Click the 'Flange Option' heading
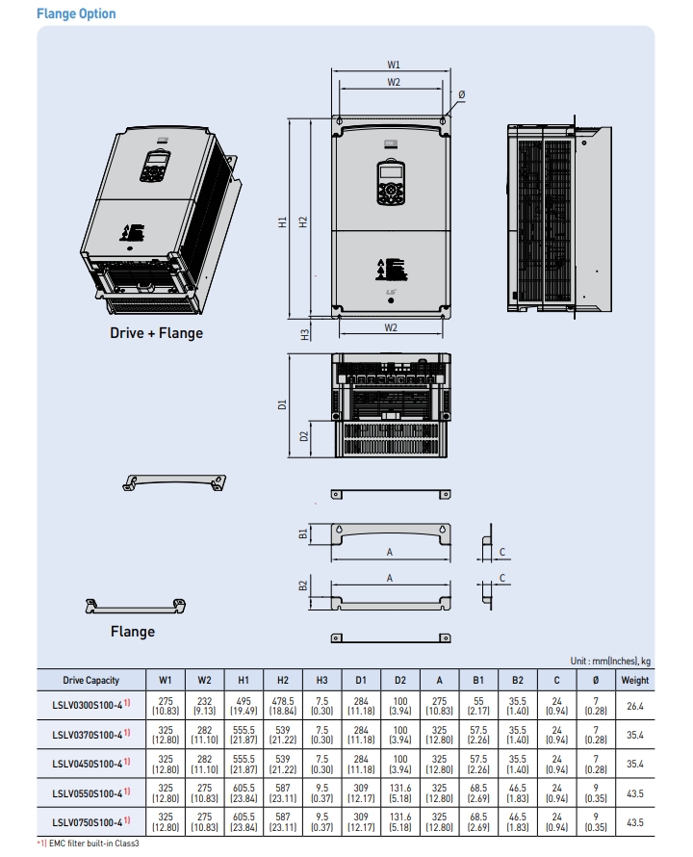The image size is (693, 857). point(76,13)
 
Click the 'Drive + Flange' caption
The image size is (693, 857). point(155,333)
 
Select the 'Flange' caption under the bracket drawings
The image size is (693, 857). point(132,632)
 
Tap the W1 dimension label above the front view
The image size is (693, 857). point(394,65)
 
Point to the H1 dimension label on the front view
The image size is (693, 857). point(283,221)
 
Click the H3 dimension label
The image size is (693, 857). point(305,334)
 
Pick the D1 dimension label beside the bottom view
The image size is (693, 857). point(283,405)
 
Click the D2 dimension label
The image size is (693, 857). point(305,437)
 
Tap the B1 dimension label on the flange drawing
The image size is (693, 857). point(302,532)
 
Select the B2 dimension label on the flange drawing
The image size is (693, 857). point(302,585)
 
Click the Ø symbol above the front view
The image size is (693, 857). point(462,93)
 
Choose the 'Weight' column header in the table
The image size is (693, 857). point(634,680)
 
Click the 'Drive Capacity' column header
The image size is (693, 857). point(91,680)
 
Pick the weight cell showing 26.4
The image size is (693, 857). point(634,706)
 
